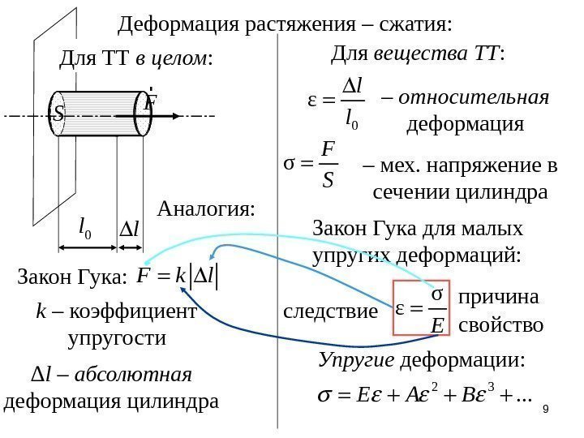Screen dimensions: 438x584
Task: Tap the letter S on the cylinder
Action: (x=57, y=115)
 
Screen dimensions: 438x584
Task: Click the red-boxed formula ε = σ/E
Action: (x=420, y=307)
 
